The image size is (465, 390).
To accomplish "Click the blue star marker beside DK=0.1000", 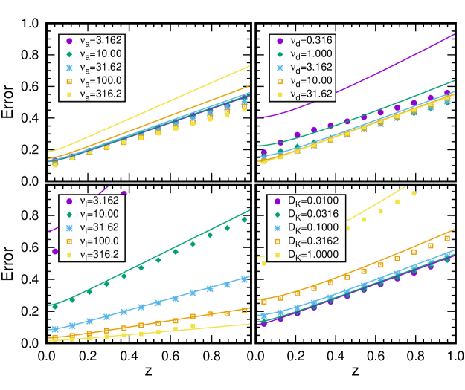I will tap(280, 227).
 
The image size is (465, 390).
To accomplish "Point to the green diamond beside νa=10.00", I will tap(69, 54).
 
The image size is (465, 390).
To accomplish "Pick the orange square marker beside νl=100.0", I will tap(69, 241).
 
